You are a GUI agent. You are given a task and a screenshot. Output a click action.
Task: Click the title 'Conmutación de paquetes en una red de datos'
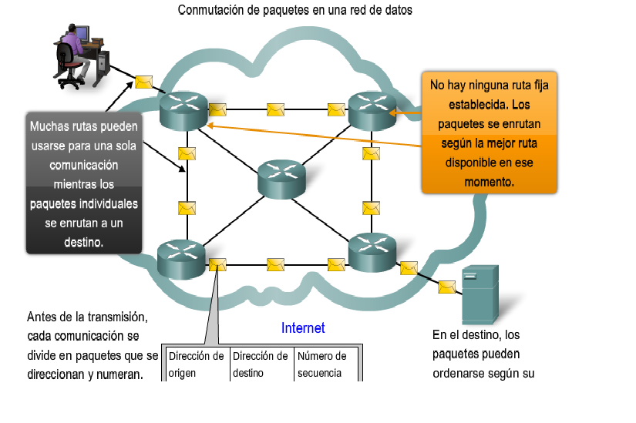click(x=295, y=11)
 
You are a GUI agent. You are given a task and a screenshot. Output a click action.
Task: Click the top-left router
click(x=183, y=109)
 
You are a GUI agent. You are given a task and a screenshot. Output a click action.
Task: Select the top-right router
click(x=372, y=109)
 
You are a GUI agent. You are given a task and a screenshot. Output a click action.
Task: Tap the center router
click(x=281, y=179)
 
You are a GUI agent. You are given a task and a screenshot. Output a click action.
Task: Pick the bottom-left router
click(x=181, y=259)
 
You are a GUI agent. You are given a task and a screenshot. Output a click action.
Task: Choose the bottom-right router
click(x=372, y=251)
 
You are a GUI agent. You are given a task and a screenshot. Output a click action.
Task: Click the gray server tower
click(x=480, y=294)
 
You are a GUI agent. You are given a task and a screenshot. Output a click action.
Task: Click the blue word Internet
click(x=303, y=328)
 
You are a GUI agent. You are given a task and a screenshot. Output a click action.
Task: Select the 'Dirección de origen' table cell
click(x=196, y=364)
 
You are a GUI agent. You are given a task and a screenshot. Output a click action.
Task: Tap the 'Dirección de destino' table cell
click(x=261, y=364)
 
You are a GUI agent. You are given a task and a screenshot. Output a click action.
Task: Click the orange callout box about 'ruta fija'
click(x=489, y=133)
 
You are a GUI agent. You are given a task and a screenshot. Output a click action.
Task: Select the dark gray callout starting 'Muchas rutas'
click(x=84, y=183)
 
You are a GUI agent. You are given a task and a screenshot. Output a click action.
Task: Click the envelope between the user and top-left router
click(x=143, y=81)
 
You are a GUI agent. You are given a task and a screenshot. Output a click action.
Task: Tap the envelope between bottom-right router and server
click(x=446, y=287)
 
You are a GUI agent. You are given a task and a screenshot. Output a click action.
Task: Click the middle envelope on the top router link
click(x=275, y=109)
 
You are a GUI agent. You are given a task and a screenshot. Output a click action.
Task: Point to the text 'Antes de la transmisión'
click(x=87, y=317)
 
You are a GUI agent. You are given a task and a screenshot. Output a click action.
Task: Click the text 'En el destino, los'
click(x=476, y=335)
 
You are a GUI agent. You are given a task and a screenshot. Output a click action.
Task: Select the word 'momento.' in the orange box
click(x=489, y=182)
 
